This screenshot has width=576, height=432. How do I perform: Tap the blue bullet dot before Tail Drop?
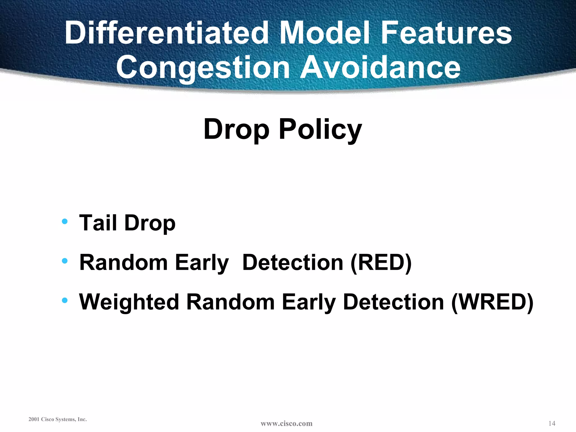[x=65, y=221]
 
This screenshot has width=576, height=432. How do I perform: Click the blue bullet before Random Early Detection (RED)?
[x=65, y=261]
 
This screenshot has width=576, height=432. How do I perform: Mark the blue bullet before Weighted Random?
[x=65, y=301]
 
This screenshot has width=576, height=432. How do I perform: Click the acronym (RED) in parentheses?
[x=381, y=263]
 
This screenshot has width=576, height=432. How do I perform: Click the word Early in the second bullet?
[x=202, y=263]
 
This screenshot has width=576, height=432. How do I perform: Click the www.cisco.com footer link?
[x=286, y=423]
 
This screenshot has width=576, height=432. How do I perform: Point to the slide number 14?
[x=552, y=423]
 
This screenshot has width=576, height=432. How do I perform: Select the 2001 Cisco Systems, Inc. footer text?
[x=58, y=419]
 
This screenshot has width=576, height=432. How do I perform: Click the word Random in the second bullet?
[x=123, y=263]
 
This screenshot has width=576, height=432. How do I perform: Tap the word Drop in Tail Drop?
[x=150, y=223]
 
